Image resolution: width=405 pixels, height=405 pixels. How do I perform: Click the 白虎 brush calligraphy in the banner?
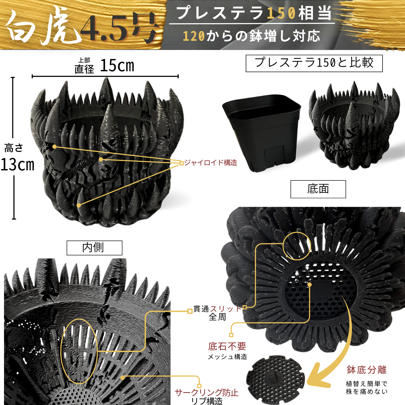tap(43, 26)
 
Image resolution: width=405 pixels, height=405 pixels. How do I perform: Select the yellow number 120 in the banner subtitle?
tap(194, 36)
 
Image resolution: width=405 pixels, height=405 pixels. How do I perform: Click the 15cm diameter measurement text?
tap(117, 66)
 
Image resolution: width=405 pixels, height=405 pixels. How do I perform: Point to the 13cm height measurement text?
tap(18, 164)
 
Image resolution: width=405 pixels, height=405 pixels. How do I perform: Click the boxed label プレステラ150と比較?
tap(314, 63)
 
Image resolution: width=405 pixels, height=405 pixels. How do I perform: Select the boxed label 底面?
tap(318, 189)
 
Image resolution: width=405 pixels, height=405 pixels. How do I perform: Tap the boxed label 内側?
tap(94, 248)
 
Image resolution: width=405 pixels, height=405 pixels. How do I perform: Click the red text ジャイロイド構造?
tap(211, 163)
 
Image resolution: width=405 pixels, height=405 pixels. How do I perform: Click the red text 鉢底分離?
tap(367, 370)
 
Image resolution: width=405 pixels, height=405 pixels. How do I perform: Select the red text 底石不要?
tap(227, 346)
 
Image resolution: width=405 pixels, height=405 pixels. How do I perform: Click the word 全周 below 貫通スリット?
tap(217, 317)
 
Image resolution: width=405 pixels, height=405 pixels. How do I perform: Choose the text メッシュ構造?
tap(227, 357)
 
